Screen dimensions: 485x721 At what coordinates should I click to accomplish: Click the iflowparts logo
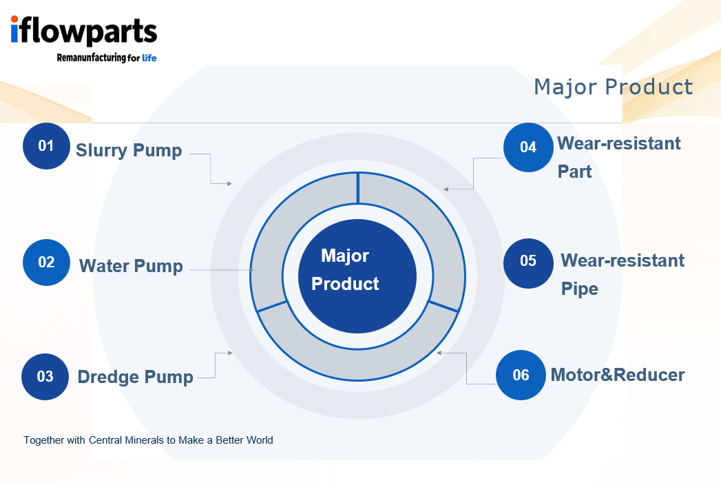click(83, 32)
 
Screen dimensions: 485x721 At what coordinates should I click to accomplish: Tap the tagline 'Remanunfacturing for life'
click(106, 58)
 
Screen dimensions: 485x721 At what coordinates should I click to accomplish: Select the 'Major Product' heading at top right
click(613, 87)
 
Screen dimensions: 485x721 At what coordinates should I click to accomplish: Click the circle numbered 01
click(46, 146)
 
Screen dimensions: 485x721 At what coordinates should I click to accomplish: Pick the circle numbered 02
click(46, 262)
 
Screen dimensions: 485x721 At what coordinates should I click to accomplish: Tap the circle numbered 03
click(45, 377)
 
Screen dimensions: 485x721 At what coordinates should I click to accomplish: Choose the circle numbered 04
click(528, 147)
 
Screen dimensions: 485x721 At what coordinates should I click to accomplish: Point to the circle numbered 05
click(527, 261)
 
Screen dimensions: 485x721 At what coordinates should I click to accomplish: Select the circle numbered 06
click(521, 375)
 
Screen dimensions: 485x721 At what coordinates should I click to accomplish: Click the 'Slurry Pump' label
click(129, 150)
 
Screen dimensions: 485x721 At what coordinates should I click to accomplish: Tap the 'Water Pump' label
click(131, 266)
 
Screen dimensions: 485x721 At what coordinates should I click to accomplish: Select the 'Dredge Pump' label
click(135, 377)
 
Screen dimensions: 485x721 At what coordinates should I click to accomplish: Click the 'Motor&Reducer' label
click(618, 375)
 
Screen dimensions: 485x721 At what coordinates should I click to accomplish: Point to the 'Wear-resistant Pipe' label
click(622, 274)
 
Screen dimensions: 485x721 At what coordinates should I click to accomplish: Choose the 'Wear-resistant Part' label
click(618, 157)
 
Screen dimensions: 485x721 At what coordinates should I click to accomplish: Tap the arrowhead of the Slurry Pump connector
click(230, 184)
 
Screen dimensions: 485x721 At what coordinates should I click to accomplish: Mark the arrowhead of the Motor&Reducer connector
click(439, 353)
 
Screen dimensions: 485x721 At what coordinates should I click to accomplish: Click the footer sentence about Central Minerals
click(148, 440)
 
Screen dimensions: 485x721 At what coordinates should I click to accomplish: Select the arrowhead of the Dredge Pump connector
click(230, 353)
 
